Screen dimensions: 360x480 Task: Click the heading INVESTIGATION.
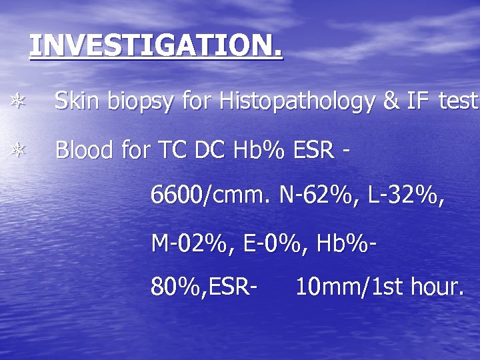tap(156, 45)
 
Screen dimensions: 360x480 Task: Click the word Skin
tap(75, 101)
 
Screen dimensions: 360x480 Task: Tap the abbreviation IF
tap(419, 101)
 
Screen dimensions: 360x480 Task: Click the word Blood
tap(83, 150)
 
